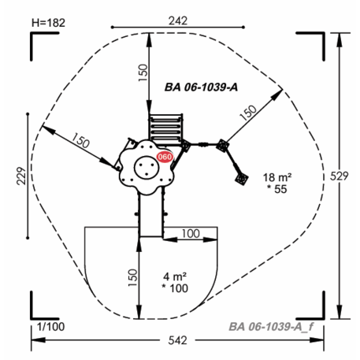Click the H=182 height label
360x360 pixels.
48,23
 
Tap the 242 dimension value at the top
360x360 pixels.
178,20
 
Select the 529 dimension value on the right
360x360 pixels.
340,176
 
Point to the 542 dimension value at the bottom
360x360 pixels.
178,340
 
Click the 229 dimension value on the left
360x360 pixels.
21,176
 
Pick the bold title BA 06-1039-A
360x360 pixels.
201,87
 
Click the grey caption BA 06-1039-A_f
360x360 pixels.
271,327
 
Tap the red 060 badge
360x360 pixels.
165,157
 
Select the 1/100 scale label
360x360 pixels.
50,327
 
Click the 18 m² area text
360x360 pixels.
277,177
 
